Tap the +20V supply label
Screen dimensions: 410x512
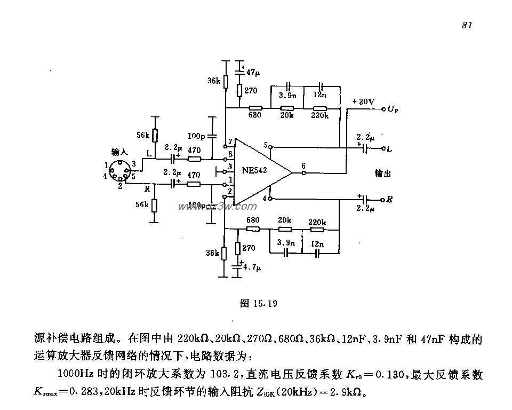[363, 101]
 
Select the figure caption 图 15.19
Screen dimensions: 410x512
[258, 304]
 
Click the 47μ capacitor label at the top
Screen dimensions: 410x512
[253, 72]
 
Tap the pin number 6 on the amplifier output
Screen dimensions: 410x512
[303, 167]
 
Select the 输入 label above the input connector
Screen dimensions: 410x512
[119, 152]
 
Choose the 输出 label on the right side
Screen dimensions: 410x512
[382, 174]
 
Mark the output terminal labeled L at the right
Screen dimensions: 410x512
[389, 149]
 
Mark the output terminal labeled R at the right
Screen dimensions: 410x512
[389, 200]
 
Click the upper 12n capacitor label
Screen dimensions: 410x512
[319, 95]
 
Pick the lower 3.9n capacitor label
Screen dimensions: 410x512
[286, 243]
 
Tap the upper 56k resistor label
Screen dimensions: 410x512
[142, 136]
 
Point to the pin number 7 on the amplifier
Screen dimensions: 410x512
[230, 142]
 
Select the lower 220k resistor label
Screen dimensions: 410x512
[317, 221]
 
